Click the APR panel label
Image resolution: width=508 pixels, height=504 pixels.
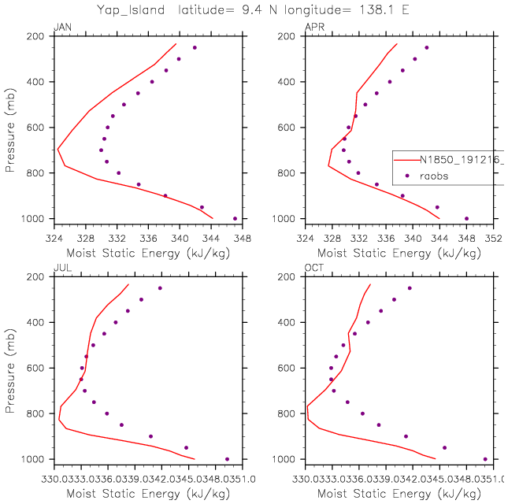click(x=313, y=28)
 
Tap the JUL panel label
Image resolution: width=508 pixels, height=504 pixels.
click(x=61, y=269)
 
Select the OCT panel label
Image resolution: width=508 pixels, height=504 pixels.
click(x=313, y=269)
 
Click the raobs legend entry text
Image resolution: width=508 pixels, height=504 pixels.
click(x=433, y=176)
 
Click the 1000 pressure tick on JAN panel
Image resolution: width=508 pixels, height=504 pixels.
click(x=36, y=218)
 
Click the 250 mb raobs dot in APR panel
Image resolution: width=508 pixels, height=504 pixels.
click(x=426, y=48)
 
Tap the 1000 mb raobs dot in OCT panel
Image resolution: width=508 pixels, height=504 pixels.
click(x=484, y=459)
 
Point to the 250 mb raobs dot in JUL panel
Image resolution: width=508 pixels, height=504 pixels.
click(x=160, y=288)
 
